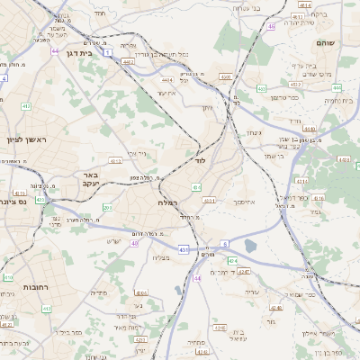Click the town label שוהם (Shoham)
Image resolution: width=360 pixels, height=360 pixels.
(326, 42)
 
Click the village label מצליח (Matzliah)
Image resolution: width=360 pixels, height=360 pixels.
(162, 258)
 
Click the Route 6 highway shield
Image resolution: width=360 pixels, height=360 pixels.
(224, 243)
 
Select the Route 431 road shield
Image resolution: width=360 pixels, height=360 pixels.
(184, 248)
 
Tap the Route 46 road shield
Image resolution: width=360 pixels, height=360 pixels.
(271, 26)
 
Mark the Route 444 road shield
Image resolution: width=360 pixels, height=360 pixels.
(337, 87)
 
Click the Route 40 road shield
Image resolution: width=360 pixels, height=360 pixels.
(134, 243)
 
